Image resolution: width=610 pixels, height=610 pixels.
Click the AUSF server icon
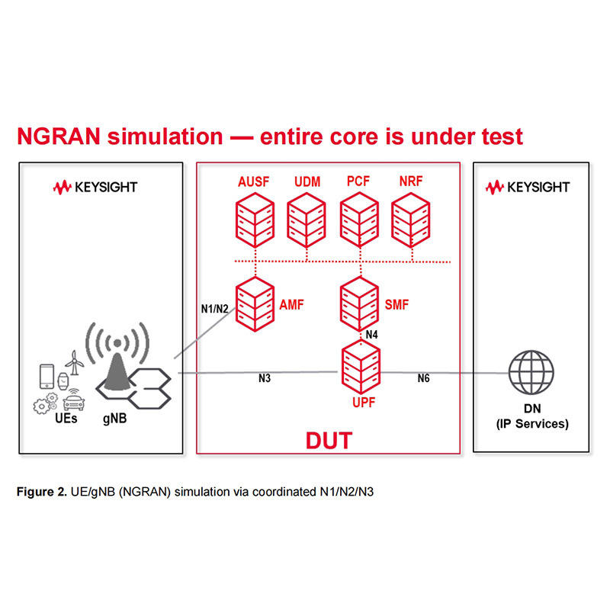point(255,220)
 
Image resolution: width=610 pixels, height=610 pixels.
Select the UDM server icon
point(307,220)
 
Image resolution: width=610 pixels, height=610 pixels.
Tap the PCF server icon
point(359,220)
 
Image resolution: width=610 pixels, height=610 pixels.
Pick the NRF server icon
point(411,220)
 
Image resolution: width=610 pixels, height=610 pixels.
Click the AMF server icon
point(255,304)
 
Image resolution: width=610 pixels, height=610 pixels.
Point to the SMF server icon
point(359,304)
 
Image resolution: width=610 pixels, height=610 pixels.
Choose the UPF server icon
point(361,367)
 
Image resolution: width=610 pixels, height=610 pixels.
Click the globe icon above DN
point(531,372)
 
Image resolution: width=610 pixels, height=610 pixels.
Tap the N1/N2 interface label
point(215,309)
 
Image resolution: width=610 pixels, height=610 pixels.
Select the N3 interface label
point(265,378)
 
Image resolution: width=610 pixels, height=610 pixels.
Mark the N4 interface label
point(372,335)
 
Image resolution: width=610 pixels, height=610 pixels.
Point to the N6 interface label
point(424,378)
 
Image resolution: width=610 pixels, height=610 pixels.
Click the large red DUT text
point(329,441)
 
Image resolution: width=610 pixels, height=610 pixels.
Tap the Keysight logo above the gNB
point(95,187)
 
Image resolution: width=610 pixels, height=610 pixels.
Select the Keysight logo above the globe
point(528,187)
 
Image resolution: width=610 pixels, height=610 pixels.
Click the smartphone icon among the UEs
point(47,376)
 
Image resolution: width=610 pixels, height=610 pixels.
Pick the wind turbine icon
point(74,363)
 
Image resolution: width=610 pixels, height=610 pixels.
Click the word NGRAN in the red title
point(59,136)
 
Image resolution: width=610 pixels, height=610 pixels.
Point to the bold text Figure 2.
point(42,492)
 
